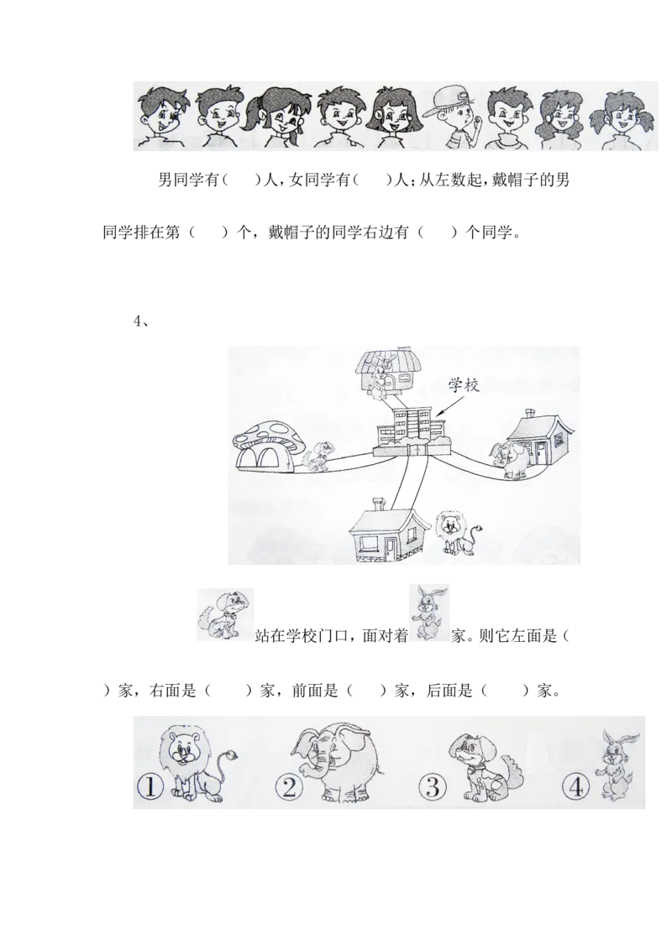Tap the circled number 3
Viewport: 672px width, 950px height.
point(431,787)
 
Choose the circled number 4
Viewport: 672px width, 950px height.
point(574,787)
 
